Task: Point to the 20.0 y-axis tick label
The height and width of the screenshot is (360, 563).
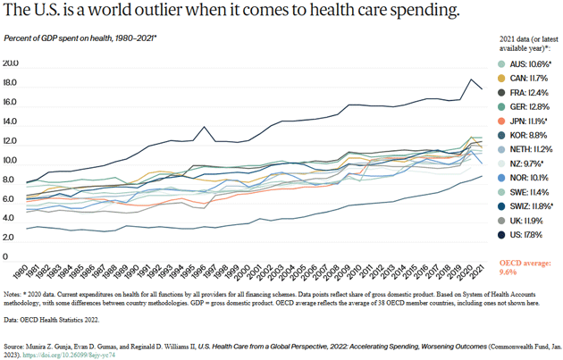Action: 12,63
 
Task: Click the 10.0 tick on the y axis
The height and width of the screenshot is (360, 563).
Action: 12,161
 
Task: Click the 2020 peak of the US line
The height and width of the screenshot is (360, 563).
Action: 471,80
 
